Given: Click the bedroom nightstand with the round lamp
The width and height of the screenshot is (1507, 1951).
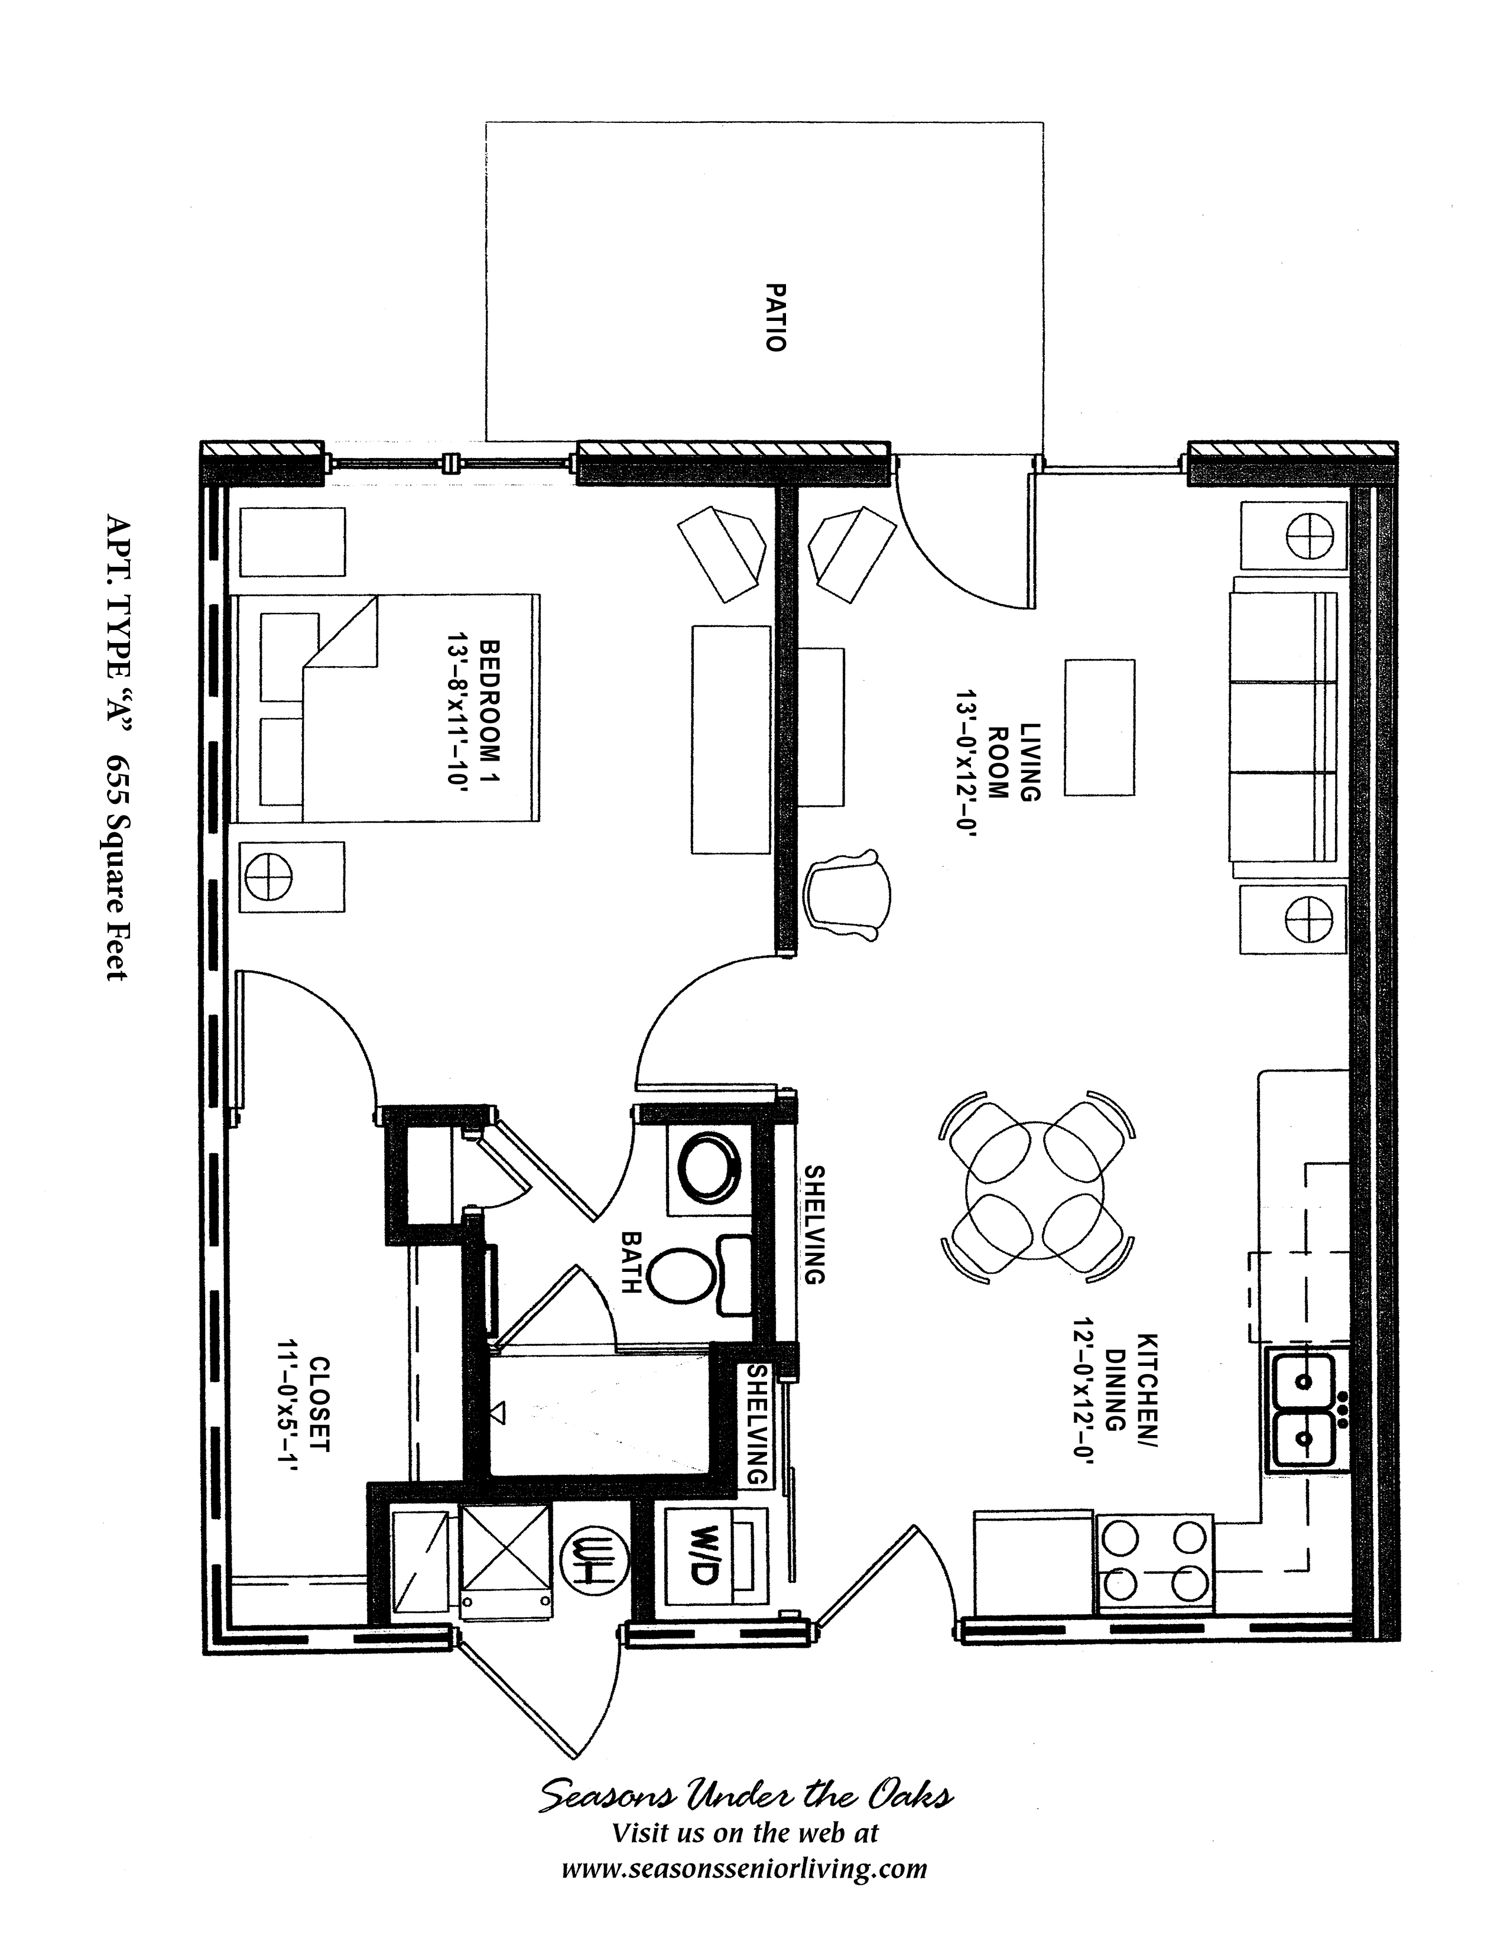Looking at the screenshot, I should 293,875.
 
